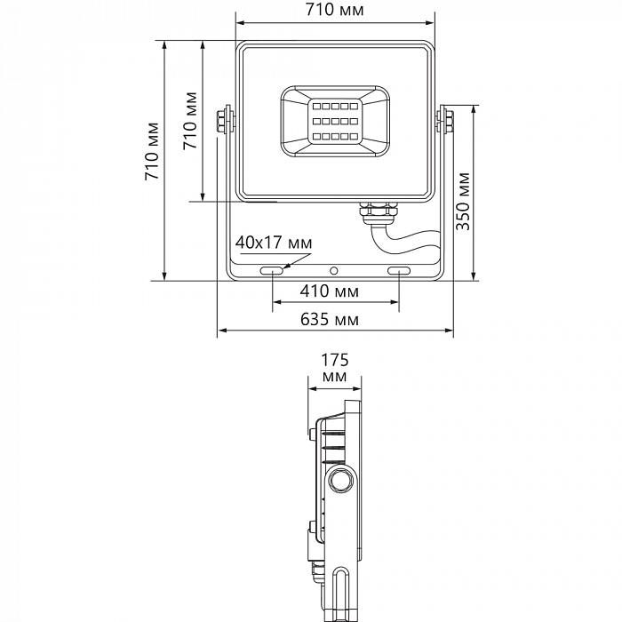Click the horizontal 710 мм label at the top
pos(334,10)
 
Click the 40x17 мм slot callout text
pos(274,243)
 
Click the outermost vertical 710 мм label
pos(152,151)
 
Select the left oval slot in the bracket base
pos(272,268)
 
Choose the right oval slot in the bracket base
pos(398,268)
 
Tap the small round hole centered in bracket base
pos(334,269)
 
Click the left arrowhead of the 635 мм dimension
pos(221,331)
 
